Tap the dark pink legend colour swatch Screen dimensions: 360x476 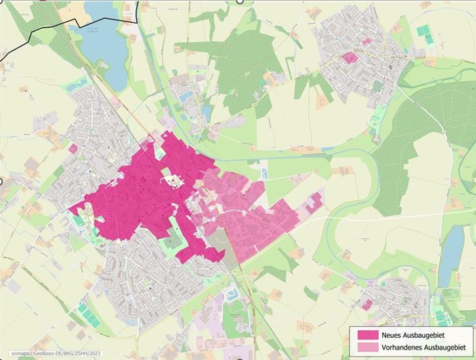[367, 335]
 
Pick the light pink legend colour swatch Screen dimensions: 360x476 [367, 347]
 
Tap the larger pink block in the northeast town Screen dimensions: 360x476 [349, 58]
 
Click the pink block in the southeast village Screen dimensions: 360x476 [366, 304]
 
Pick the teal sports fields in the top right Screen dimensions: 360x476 [424, 31]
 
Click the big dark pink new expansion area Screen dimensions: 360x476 [134, 201]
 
